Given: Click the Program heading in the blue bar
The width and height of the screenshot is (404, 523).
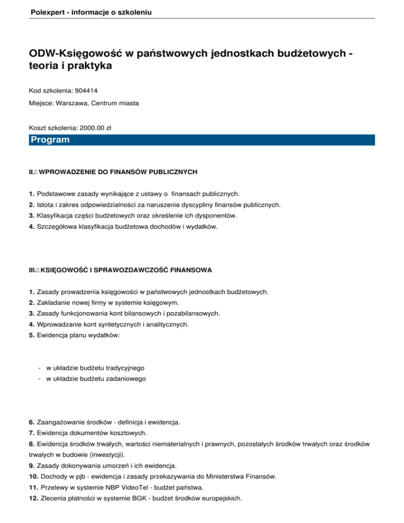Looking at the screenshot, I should (50, 140).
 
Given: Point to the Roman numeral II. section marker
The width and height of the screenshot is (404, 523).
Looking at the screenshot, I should (32, 172).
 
